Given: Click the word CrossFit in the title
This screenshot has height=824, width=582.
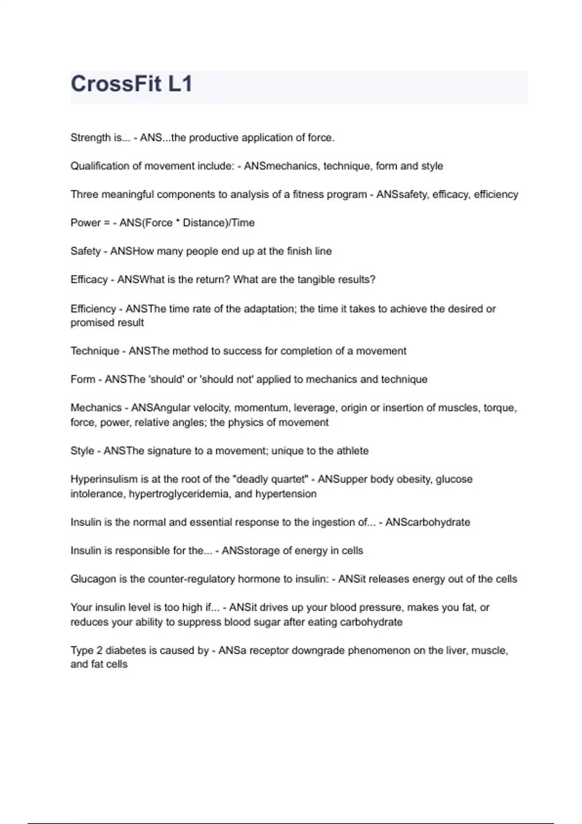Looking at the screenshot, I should point(116,84).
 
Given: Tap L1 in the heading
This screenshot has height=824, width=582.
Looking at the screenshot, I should point(180,84).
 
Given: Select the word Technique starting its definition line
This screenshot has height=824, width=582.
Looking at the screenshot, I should point(95,351).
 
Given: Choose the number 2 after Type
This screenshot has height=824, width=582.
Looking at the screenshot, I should point(99,650).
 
